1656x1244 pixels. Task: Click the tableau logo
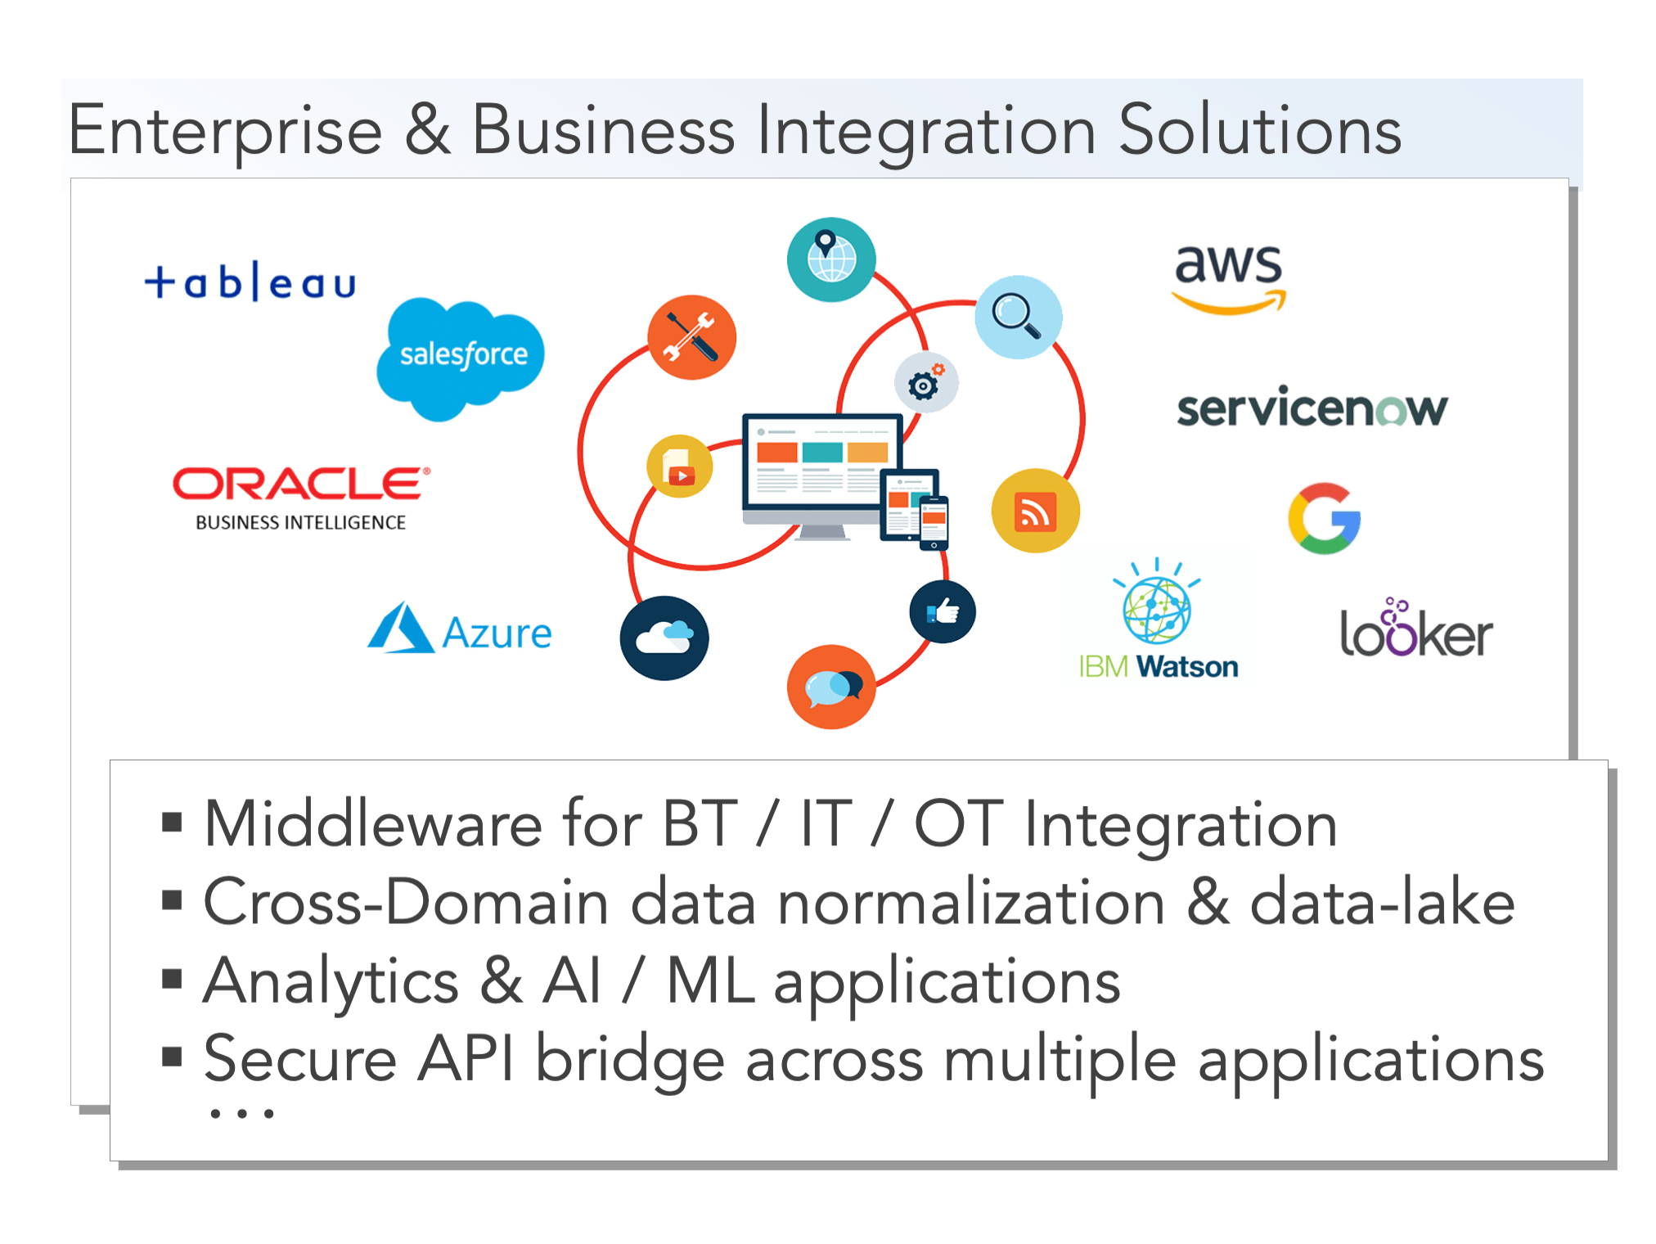pyautogui.click(x=250, y=282)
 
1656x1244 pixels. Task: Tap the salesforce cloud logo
pyautogui.click(x=461, y=358)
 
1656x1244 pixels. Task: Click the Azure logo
pyautogui.click(x=460, y=629)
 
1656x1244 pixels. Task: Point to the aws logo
pyautogui.click(x=1229, y=279)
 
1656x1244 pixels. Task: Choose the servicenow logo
pyautogui.click(x=1312, y=408)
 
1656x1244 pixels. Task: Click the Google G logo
pyautogui.click(x=1325, y=518)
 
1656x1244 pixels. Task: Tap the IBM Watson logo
pyautogui.click(x=1158, y=620)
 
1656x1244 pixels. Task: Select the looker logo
pyautogui.click(x=1416, y=628)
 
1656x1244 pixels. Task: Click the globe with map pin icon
pyautogui.click(x=831, y=259)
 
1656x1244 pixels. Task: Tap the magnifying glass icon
pyautogui.click(x=1018, y=317)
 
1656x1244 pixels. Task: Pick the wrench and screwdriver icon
pyautogui.click(x=691, y=337)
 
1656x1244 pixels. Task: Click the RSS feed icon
pyautogui.click(x=1035, y=511)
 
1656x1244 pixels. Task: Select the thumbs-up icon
pyautogui.click(x=943, y=611)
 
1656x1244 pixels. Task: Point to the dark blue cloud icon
pyautogui.click(x=664, y=638)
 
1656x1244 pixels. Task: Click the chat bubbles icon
pyautogui.click(x=831, y=687)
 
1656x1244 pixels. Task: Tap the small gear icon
pyautogui.click(x=926, y=382)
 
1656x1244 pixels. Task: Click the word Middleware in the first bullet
pyautogui.click(x=372, y=823)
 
